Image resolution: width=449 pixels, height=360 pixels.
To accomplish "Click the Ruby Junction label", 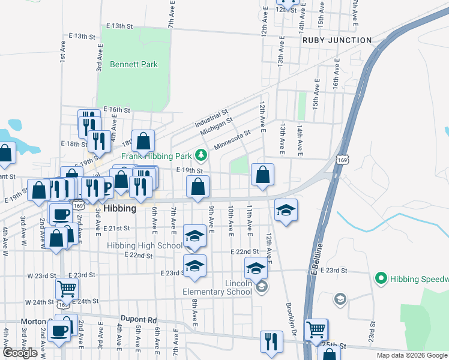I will (337, 40).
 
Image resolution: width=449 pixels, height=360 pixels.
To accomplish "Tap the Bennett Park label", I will (133, 64).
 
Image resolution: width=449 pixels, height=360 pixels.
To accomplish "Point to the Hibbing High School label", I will (145, 245).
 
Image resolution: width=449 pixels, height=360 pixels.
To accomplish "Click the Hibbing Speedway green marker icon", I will (379, 278).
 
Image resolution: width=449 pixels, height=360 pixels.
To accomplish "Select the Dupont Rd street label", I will (138, 320).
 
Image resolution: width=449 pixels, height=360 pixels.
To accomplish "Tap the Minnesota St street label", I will (232, 142).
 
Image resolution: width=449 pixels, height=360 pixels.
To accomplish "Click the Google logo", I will (20, 353).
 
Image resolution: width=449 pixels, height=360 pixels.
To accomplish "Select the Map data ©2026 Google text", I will (412, 355).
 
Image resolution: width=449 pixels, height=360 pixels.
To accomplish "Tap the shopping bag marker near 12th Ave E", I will (262, 175).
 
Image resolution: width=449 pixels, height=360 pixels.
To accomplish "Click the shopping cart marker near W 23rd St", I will (66, 288).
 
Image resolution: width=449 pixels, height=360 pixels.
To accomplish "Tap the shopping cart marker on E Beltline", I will (316, 329).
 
